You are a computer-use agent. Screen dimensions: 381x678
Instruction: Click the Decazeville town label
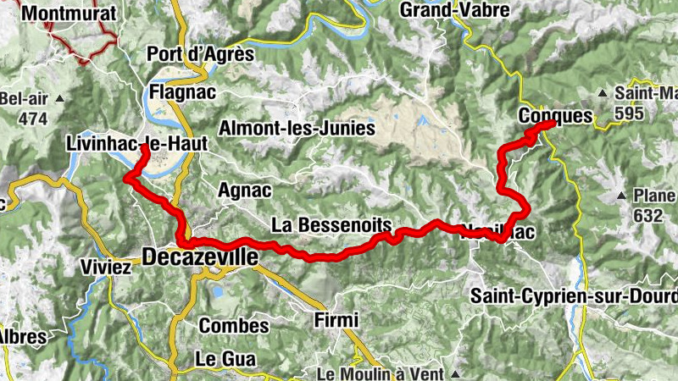coord(199,256)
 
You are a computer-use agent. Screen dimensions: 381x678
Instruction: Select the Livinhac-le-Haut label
coord(136,145)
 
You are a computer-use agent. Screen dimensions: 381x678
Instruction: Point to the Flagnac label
coord(181,91)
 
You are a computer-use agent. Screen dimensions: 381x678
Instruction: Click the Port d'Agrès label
coord(200,54)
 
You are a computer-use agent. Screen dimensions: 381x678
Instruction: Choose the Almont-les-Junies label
coord(297,129)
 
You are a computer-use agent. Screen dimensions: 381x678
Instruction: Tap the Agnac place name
coord(244,190)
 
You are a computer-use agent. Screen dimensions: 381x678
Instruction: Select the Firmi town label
coord(336,320)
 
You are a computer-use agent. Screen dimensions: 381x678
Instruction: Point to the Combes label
coord(234,325)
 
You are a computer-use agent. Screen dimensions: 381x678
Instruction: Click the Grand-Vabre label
coord(454,10)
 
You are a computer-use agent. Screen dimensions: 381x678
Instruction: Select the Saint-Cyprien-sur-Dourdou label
coord(574,296)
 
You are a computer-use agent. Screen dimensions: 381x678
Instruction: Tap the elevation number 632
coord(647,215)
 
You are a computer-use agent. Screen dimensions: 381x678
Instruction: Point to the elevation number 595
coord(631,113)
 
